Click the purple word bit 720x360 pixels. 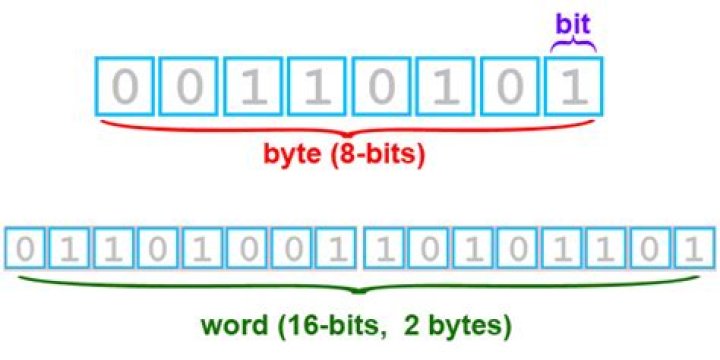574,21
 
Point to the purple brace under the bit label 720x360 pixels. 574,44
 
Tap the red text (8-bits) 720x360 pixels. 385,157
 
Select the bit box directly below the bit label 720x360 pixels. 574,88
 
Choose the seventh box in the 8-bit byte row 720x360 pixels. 510,88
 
